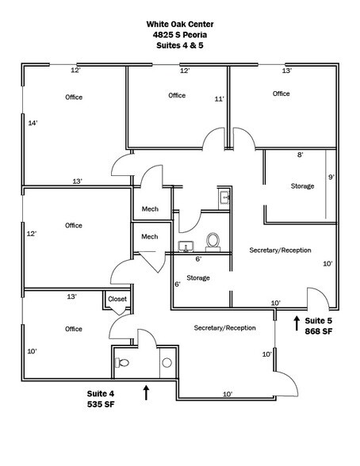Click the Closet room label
tap(117, 299)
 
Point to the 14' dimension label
tap(33, 123)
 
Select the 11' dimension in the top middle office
tap(220, 99)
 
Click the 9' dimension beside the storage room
tap(331, 177)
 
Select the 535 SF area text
tap(103, 403)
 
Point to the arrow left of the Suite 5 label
tap(297, 322)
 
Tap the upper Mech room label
tap(149, 209)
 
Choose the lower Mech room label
tap(149, 236)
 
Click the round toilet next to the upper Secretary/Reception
tap(213, 240)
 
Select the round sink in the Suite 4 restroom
tap(167, 362)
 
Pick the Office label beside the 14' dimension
tap(74, 97)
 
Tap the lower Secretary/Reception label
tap(224, 327)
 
